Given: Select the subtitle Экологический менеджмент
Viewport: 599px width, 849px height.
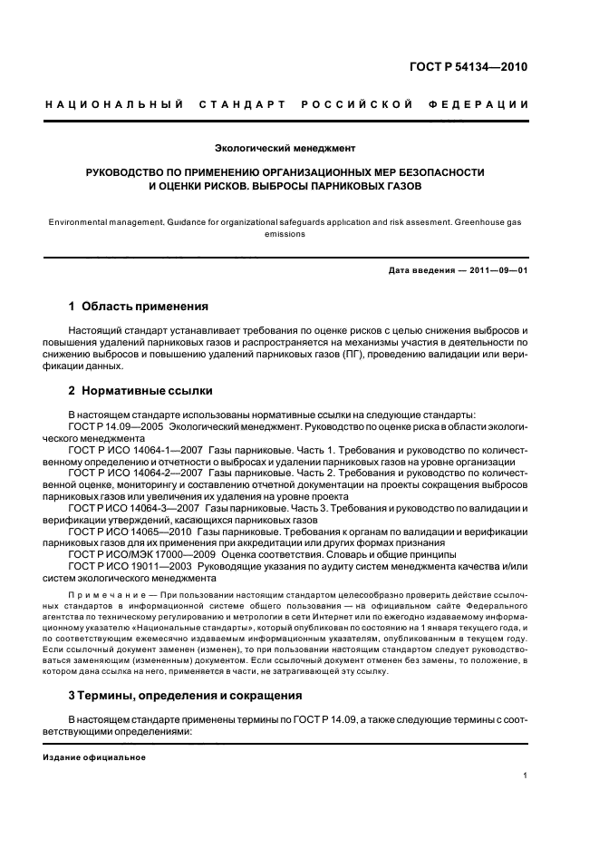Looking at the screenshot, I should [x=285, y=147].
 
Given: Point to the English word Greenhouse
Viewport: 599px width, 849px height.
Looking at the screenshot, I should [x=499, y=220].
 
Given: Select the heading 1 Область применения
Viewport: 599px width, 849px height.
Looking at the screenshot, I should [x=139, y=307].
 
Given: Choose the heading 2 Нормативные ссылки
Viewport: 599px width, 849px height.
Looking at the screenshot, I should [x=140, y=392].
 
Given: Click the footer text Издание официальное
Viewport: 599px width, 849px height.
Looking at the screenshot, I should [x=94, y=757].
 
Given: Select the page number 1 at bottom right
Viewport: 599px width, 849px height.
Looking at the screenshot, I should [x=526, y=776].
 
